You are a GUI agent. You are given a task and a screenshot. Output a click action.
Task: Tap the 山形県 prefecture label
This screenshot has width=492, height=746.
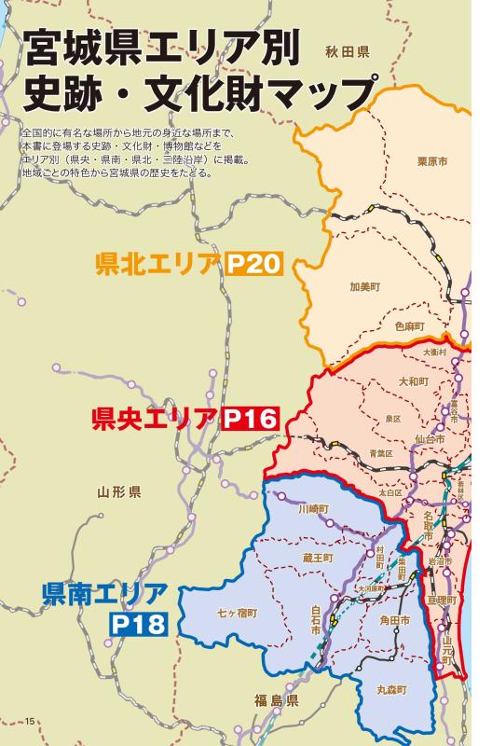click(x=118, y=491)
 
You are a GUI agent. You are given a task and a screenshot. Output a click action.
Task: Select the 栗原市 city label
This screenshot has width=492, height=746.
click(x=431, y=161)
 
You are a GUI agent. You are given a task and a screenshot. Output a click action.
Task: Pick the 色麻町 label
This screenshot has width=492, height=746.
click(x=408, y=325)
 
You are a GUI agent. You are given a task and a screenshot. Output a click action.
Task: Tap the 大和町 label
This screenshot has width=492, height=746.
click(x=413, y=381)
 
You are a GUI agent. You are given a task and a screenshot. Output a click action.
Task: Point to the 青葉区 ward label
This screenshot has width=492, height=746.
click(x=382, y=454)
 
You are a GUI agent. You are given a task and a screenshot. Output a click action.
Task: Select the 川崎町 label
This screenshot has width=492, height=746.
click(x=314, y=509)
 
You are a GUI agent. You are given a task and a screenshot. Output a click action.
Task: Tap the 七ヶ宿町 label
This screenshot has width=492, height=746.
click(x=237, y=613)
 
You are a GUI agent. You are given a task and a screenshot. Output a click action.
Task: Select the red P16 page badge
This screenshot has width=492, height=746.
click(x=252, y=419)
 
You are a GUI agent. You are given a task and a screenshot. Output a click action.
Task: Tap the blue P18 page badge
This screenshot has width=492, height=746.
click(x=138, y=623)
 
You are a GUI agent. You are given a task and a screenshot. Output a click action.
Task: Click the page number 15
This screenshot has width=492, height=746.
click(x=30, y=720)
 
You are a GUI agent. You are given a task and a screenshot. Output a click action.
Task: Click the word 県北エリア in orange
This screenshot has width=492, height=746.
click(x=157, y=263)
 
